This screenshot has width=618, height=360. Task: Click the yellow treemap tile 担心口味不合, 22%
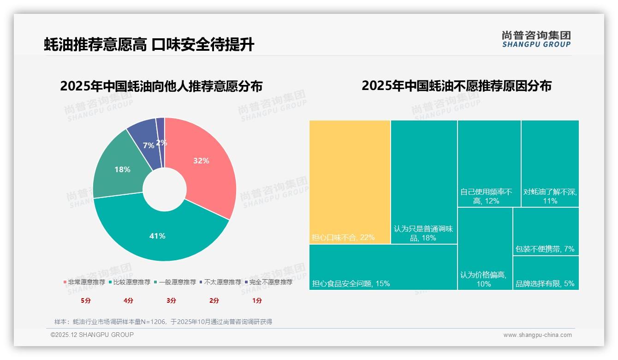click(350, 182)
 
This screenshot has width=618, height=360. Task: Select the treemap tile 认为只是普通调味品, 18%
click(424, 182)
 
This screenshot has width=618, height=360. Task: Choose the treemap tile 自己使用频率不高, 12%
click(489, 163)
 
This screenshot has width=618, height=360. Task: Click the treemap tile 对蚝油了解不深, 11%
click(550, 163)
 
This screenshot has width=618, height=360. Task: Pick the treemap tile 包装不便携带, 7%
click(546, 231)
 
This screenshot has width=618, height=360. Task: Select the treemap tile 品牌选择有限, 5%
click(546, 273)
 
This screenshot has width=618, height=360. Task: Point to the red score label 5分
click(86, 300)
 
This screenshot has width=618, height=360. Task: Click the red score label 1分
click(257, 300)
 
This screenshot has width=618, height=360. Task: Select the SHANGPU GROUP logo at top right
click(536, 39)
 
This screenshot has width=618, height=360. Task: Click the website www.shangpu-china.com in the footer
click(537, 335)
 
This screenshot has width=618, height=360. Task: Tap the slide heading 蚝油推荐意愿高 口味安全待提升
click(149, 45)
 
